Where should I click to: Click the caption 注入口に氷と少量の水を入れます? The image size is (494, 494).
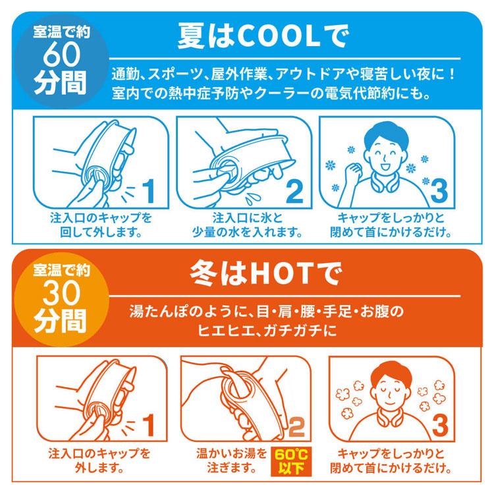(x=246, y=225)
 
